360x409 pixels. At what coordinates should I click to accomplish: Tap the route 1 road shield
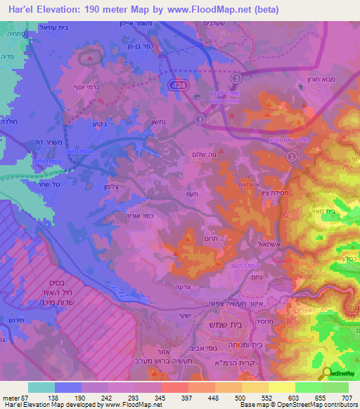click(x=290, y=160)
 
